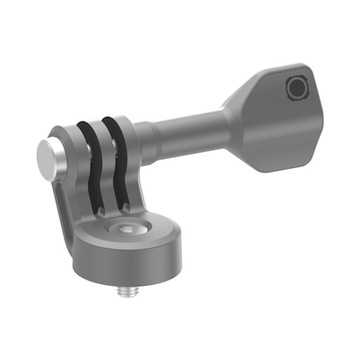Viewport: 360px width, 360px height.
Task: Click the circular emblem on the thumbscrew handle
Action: pos(297,89)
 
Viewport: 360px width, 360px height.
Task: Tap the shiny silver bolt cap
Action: pos(48,155)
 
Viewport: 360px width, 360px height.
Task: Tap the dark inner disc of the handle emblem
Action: pos(297,89)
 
